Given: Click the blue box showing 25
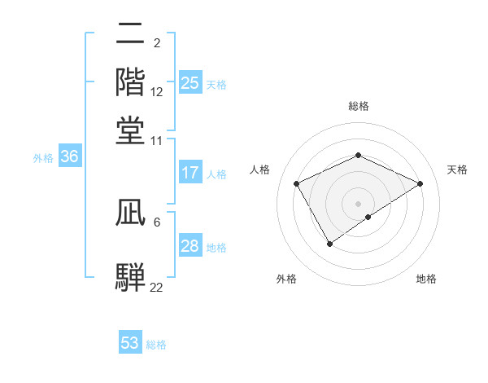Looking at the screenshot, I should click(190, 82).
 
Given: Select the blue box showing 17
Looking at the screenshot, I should click(190, 173).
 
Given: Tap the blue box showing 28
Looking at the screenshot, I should click(190, 246).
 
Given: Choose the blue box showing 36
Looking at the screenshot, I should click(69, 157).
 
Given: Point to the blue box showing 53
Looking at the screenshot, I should click(130, 343).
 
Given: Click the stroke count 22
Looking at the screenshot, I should click(156, 287).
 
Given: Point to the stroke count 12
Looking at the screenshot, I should click(157, 93).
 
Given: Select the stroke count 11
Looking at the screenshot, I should click(157, 140).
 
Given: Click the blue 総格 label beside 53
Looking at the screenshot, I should click(156, 345).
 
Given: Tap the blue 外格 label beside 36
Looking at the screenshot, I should click(43, 159).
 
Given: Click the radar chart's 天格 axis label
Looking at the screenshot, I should click(457, 169).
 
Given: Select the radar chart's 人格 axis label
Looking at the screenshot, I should click(260, 169).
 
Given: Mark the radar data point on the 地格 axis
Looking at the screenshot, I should click(368, 217).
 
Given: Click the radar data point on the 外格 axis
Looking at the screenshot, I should click(330, 243).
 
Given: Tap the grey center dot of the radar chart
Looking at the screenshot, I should click(358, 203).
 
